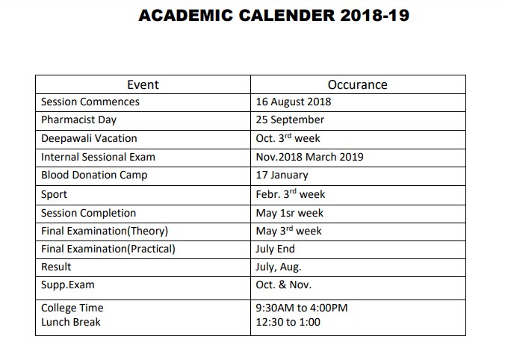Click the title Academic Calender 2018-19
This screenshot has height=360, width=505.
coord(273,16)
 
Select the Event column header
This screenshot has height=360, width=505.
coord(143,84)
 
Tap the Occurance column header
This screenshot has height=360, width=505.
coord(357,84)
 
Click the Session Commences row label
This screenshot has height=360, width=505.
coord(90,102)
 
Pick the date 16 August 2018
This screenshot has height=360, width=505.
coord(293,102)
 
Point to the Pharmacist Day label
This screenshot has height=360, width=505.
coord(78,120)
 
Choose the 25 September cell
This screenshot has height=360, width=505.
coord(290,120)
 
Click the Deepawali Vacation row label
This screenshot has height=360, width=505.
coord(89,139)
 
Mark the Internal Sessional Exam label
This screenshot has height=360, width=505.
coord(98,158)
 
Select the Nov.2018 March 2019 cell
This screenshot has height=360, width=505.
coord(310,158)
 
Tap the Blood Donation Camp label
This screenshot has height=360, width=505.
coord(94,176)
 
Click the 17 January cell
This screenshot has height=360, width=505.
coord(282,176)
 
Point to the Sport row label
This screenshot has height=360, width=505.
coord(54,194)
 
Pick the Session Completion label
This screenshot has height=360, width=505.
coord(88,213)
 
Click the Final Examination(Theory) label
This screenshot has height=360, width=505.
coord(105,231)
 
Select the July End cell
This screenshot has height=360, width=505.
coord(275,249)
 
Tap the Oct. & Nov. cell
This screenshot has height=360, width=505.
coord(283,285)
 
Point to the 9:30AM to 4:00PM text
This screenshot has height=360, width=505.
coord(302,308)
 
